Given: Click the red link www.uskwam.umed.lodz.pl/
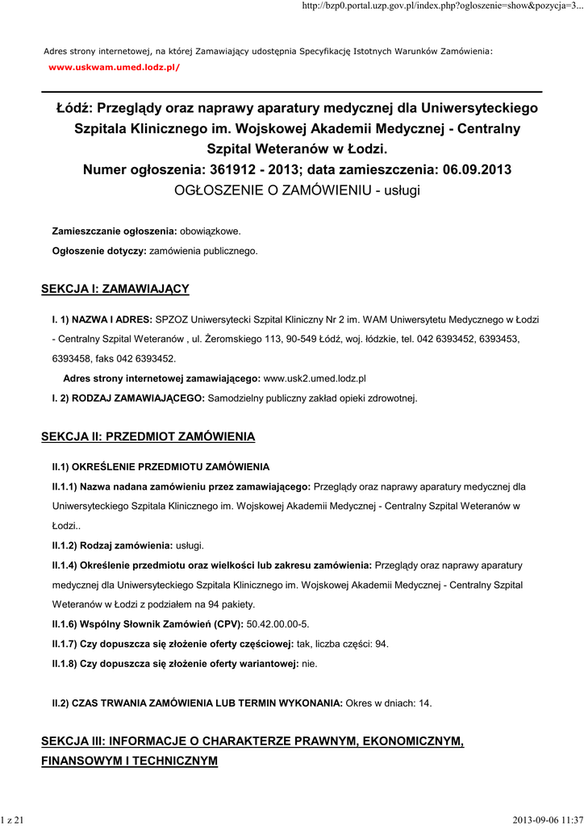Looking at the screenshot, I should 115,67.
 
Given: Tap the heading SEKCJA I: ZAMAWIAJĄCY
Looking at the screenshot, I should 115,288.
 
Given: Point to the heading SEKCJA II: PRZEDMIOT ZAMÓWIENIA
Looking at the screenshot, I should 148,436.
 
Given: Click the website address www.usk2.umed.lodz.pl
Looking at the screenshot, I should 315,378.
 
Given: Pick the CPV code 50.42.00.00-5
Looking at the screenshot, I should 277,624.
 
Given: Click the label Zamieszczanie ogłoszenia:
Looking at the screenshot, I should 114,232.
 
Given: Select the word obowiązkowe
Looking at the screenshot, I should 210,232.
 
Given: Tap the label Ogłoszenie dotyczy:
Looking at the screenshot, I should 99,252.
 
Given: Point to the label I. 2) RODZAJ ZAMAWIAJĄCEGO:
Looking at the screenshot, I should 129,398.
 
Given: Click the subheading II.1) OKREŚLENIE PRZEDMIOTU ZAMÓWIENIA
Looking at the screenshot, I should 161,467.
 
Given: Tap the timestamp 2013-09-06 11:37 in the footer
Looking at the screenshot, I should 547,820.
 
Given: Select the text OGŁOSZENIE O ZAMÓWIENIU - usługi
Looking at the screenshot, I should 298,190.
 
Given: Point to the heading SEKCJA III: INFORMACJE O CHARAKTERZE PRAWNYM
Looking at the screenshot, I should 252,740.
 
